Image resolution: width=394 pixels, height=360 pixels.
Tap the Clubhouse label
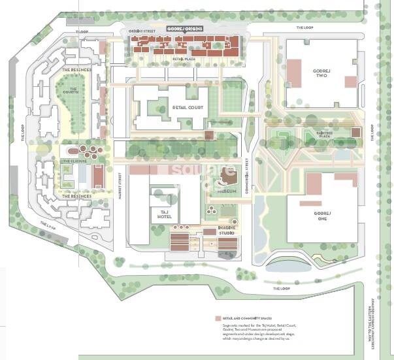click(78, 161)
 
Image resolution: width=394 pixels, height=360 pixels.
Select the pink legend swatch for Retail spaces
click(218, 319)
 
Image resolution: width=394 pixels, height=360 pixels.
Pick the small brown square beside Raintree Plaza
click(355, 133)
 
